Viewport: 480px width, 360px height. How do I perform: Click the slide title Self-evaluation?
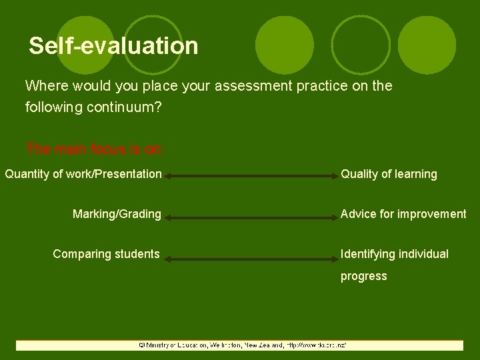[113, 46]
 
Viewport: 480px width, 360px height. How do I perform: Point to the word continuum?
[124, 107]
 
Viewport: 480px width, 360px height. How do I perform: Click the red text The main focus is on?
[93, 149]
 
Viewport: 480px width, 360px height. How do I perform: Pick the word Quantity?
[27, 174]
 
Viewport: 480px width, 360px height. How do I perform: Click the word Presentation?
[131, 174]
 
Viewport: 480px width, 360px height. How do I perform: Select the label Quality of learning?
[389, 174]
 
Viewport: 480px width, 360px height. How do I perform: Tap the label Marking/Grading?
[117, 214]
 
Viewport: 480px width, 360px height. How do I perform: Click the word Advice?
[359, 214]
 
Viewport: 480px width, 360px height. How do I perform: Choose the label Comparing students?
[106, 254]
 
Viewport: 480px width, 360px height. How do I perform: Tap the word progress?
[363, 276]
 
